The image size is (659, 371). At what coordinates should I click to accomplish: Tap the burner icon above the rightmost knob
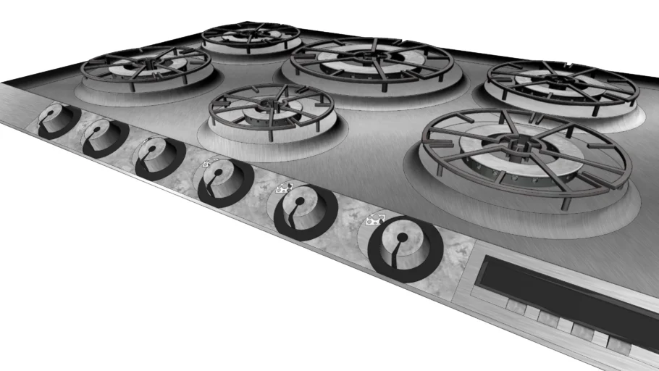(x=375, y=219)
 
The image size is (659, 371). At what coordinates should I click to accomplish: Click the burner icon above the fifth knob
(x=283, y=189)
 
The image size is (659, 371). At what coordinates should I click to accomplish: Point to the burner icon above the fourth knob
(x=210, y=163)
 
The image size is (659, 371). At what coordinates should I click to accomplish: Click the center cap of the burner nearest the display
(x=520, y=148)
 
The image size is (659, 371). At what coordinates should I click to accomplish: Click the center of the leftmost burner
(x=147, y=65)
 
